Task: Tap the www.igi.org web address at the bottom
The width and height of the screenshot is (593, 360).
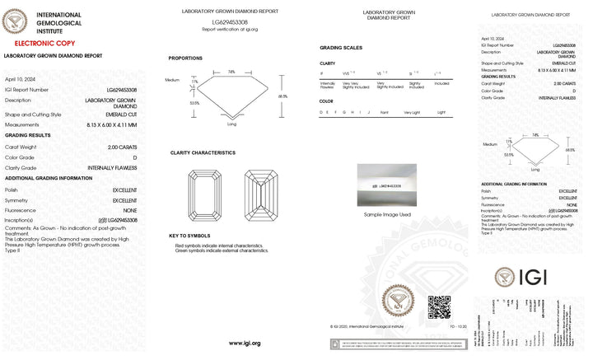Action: pos(245,343)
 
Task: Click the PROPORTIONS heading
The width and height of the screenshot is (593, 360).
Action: pos(185,58)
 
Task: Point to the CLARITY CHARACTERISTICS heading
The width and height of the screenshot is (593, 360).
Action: pos(203,152)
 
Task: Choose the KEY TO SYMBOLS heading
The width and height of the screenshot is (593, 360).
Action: pos(190,236)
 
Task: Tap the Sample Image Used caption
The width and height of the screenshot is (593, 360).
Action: pos(387,214)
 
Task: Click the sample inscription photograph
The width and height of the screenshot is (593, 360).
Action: pos(387,186)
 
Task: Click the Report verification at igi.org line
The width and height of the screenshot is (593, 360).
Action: pos(230,29)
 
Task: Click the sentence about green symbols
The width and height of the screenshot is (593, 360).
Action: pos(221,250)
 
